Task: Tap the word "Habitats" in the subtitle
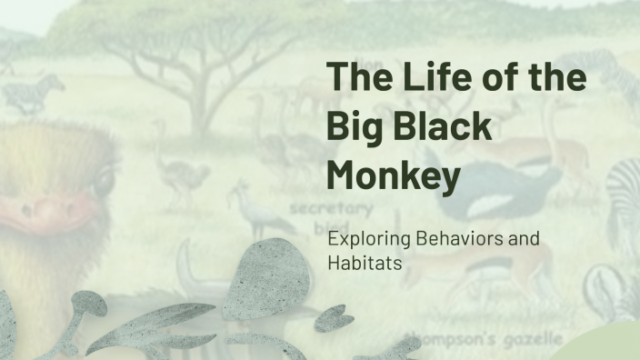point(363,264)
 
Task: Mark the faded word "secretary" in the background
point(320,208)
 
